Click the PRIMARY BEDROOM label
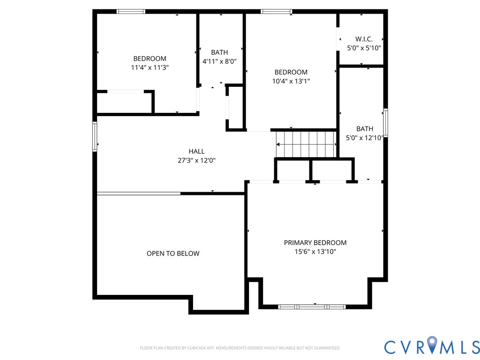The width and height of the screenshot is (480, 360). [x=315, y=243]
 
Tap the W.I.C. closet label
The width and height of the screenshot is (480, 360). [x=364, y=39]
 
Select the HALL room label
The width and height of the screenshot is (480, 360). [x=196, y=151]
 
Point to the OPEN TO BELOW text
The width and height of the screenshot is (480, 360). [x=173, y=254]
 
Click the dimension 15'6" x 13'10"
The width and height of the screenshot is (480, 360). [x=315, y=252]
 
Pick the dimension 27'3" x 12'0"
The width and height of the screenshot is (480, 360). [x=196, y=160]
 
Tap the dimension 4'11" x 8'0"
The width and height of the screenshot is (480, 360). [x=219, y=61]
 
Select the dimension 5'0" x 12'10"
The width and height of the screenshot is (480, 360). [x=364, y=138]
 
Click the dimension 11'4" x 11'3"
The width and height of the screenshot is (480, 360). [x=150, y=67]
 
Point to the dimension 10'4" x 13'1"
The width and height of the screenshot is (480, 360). [x=291, y=81]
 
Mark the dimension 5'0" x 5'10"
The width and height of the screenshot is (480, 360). [x=364, y=48]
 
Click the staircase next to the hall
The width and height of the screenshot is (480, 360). [x=306, y=144]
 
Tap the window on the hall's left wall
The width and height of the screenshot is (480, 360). [x=95, y=136]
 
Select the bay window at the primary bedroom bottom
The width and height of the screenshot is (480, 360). [x=312, y=307]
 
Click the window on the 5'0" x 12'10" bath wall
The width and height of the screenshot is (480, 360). [x=386, y=123]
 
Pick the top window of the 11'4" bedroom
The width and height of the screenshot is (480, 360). [x=131, y=12]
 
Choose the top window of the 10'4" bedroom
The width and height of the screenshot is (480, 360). [x=276, y=12]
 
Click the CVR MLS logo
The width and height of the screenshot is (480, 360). [x=432, y=346]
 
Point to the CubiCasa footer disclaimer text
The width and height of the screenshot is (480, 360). [x=240, y=348]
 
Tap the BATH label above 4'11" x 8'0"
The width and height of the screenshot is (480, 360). [x=219, y=52]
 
